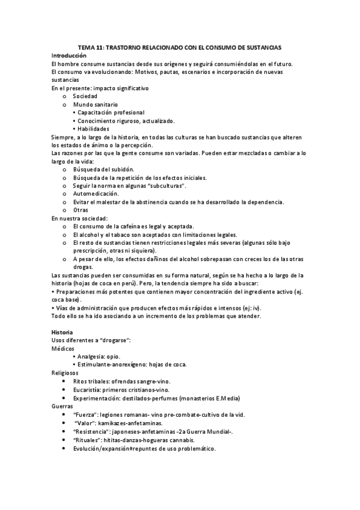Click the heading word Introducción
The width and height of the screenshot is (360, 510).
(69, 55)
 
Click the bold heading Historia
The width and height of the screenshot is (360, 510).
(63, 332)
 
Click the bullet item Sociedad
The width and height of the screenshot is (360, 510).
(85, 96)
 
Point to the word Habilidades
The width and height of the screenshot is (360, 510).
(93, 129)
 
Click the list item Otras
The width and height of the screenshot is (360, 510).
(81, 210)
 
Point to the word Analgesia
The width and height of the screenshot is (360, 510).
(91, 357)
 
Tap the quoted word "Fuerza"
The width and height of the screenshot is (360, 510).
(84, 414)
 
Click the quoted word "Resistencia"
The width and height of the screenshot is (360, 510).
(90, 431)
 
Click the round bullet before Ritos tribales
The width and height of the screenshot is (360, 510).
(64, 381)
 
